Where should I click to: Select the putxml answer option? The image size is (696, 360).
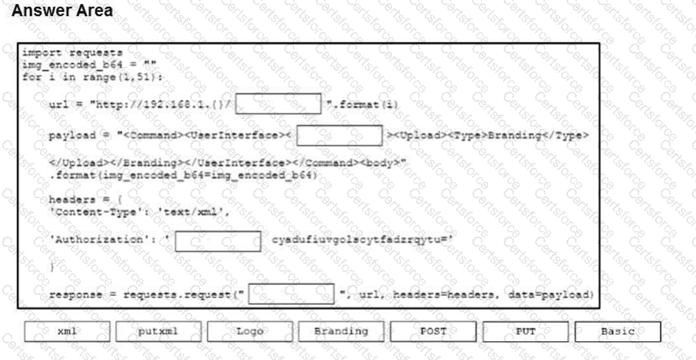pos(158,331)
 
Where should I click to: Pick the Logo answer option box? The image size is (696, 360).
pos(249,331)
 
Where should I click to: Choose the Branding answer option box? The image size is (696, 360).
pos(341,331)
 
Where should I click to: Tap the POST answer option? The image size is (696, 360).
pos(433,331)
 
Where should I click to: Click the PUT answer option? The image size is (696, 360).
pos(525,331)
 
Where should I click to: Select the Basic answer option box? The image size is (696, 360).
pos(617,331)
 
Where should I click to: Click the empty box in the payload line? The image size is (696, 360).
pos(339,135)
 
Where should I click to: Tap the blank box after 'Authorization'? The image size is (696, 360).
pos(217,242)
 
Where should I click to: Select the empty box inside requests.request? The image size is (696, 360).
pos(291,295)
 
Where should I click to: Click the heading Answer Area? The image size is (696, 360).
pos(62,11)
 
